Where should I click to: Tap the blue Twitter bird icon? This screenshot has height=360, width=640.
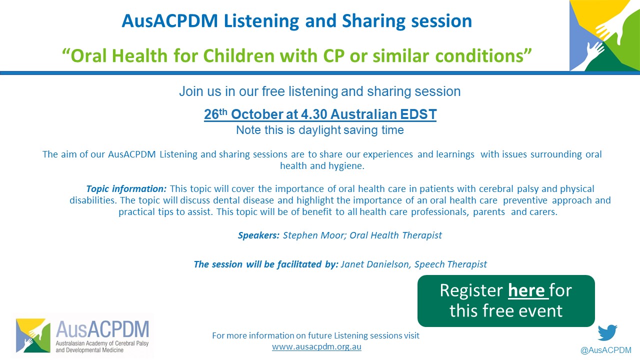coord(607,332)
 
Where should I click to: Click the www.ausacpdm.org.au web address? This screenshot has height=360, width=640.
coord(316,347)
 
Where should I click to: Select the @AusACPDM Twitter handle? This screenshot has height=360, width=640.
coord(605,350)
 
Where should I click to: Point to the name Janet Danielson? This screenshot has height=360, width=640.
coord(375,264)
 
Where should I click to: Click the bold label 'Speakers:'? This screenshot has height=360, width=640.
coord(258,235)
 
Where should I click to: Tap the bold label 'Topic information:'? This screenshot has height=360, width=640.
coord(126,189)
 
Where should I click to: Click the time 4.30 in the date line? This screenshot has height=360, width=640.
coord(314,114)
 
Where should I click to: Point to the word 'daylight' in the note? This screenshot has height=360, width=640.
coord(319,130)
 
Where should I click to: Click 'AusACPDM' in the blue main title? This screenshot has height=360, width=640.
coord(169,21)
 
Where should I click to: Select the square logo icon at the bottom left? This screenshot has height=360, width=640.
coord(33,335)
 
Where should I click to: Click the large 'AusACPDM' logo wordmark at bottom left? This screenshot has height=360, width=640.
coord(102,329)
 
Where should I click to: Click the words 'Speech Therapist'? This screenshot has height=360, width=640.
coord(450,264)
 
